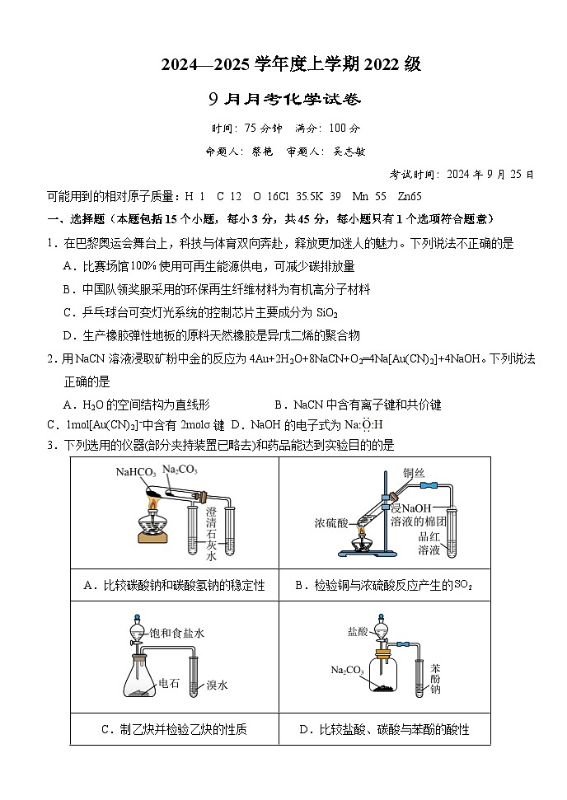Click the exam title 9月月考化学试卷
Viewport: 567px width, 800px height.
(x=284, y=100)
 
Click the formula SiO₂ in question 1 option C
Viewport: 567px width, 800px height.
(x=322, y=312)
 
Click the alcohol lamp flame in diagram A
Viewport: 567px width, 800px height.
(x=153, y=503)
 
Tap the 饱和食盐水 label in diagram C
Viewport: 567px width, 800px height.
(x=176, y=633)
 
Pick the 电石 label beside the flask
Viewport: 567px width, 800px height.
(x=168, y=683)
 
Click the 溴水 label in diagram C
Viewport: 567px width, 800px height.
(x=217, y=685)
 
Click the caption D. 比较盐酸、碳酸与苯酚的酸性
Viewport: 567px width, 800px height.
(x=384, y=729)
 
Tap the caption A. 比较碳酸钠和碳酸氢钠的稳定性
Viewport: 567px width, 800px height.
(x=175, y=585)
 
